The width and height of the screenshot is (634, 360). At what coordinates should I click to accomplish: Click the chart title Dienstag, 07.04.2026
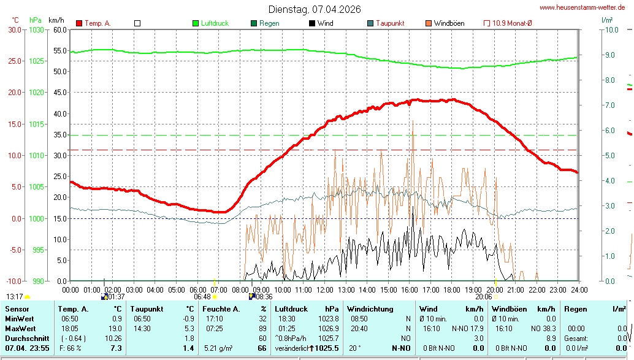click(x=315, y=9)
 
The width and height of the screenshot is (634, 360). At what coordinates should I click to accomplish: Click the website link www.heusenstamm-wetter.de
click(x=582, y=7)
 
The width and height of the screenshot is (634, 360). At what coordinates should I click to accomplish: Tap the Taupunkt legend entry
click(x=389, y=23)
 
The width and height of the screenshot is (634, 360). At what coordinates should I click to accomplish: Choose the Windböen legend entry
click(x=448, y=23)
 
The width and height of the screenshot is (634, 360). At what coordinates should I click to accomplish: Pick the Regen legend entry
click(x=269, y=23)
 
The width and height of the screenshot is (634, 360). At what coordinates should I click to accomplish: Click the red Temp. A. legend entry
click(x=97, y=23)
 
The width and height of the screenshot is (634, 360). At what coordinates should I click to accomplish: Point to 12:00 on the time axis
click(x=324, y=289)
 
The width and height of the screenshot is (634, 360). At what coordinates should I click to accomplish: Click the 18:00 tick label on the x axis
click(x=452, y=289)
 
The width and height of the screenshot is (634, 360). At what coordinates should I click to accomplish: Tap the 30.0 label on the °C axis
click(x=14, y=29)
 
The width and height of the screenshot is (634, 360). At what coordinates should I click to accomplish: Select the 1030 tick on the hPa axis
click(x=37, y=29)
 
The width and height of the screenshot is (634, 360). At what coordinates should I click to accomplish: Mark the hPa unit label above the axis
click(x=36, y=20)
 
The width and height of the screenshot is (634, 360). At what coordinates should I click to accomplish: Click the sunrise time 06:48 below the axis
click(x=202, y=296)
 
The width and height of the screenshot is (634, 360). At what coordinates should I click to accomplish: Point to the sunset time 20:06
click(x=483, y=296)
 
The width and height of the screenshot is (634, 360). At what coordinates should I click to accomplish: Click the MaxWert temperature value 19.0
click(x=115, y=329)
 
